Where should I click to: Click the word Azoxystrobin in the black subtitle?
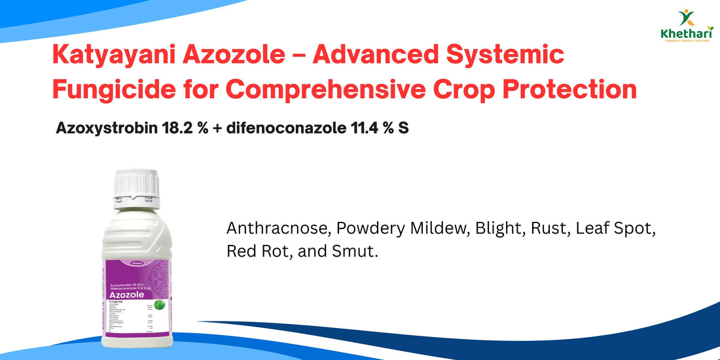coord(103,128)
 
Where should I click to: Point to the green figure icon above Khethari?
coord(687,16)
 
